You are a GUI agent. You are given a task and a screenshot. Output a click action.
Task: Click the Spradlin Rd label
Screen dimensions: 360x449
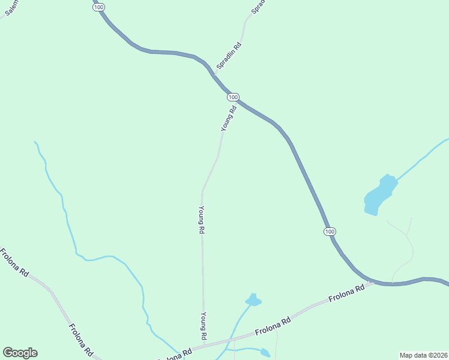click(229, 55)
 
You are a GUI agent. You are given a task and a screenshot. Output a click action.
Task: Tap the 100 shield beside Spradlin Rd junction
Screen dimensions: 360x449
click(234, 97)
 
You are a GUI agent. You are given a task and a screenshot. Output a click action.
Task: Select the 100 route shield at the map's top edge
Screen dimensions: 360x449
click(98, 5)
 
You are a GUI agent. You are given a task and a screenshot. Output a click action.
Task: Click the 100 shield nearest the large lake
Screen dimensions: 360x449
click(329, 232)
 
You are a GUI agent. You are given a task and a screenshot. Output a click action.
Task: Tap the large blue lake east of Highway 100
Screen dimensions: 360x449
click(380, 193)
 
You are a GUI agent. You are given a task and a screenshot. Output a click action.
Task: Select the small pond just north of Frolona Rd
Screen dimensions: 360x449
click(253, 300)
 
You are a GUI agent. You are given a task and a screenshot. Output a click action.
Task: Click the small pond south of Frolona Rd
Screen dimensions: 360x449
click(264, 353)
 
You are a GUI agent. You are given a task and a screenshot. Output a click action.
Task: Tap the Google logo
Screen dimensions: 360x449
click(20, 353)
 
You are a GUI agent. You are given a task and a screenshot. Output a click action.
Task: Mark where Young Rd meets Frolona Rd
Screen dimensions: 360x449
click(204, 344)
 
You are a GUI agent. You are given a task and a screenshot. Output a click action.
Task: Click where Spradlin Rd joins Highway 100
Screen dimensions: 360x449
click(215, 76)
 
